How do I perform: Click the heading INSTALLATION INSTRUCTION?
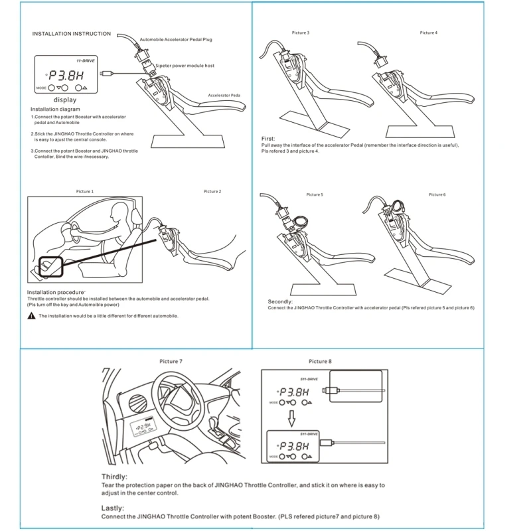72,34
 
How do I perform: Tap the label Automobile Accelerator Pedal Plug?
177,40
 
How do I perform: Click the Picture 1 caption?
84,191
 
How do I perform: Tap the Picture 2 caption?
212,191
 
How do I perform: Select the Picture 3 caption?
301,33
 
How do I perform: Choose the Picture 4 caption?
428,33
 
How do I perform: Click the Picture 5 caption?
315,194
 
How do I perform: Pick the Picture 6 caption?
437,194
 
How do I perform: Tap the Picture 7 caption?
171,361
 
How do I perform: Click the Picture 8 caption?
320,361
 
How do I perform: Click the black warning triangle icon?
31,316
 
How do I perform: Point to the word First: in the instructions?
268,139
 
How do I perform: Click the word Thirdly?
115,477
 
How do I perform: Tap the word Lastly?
112,508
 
